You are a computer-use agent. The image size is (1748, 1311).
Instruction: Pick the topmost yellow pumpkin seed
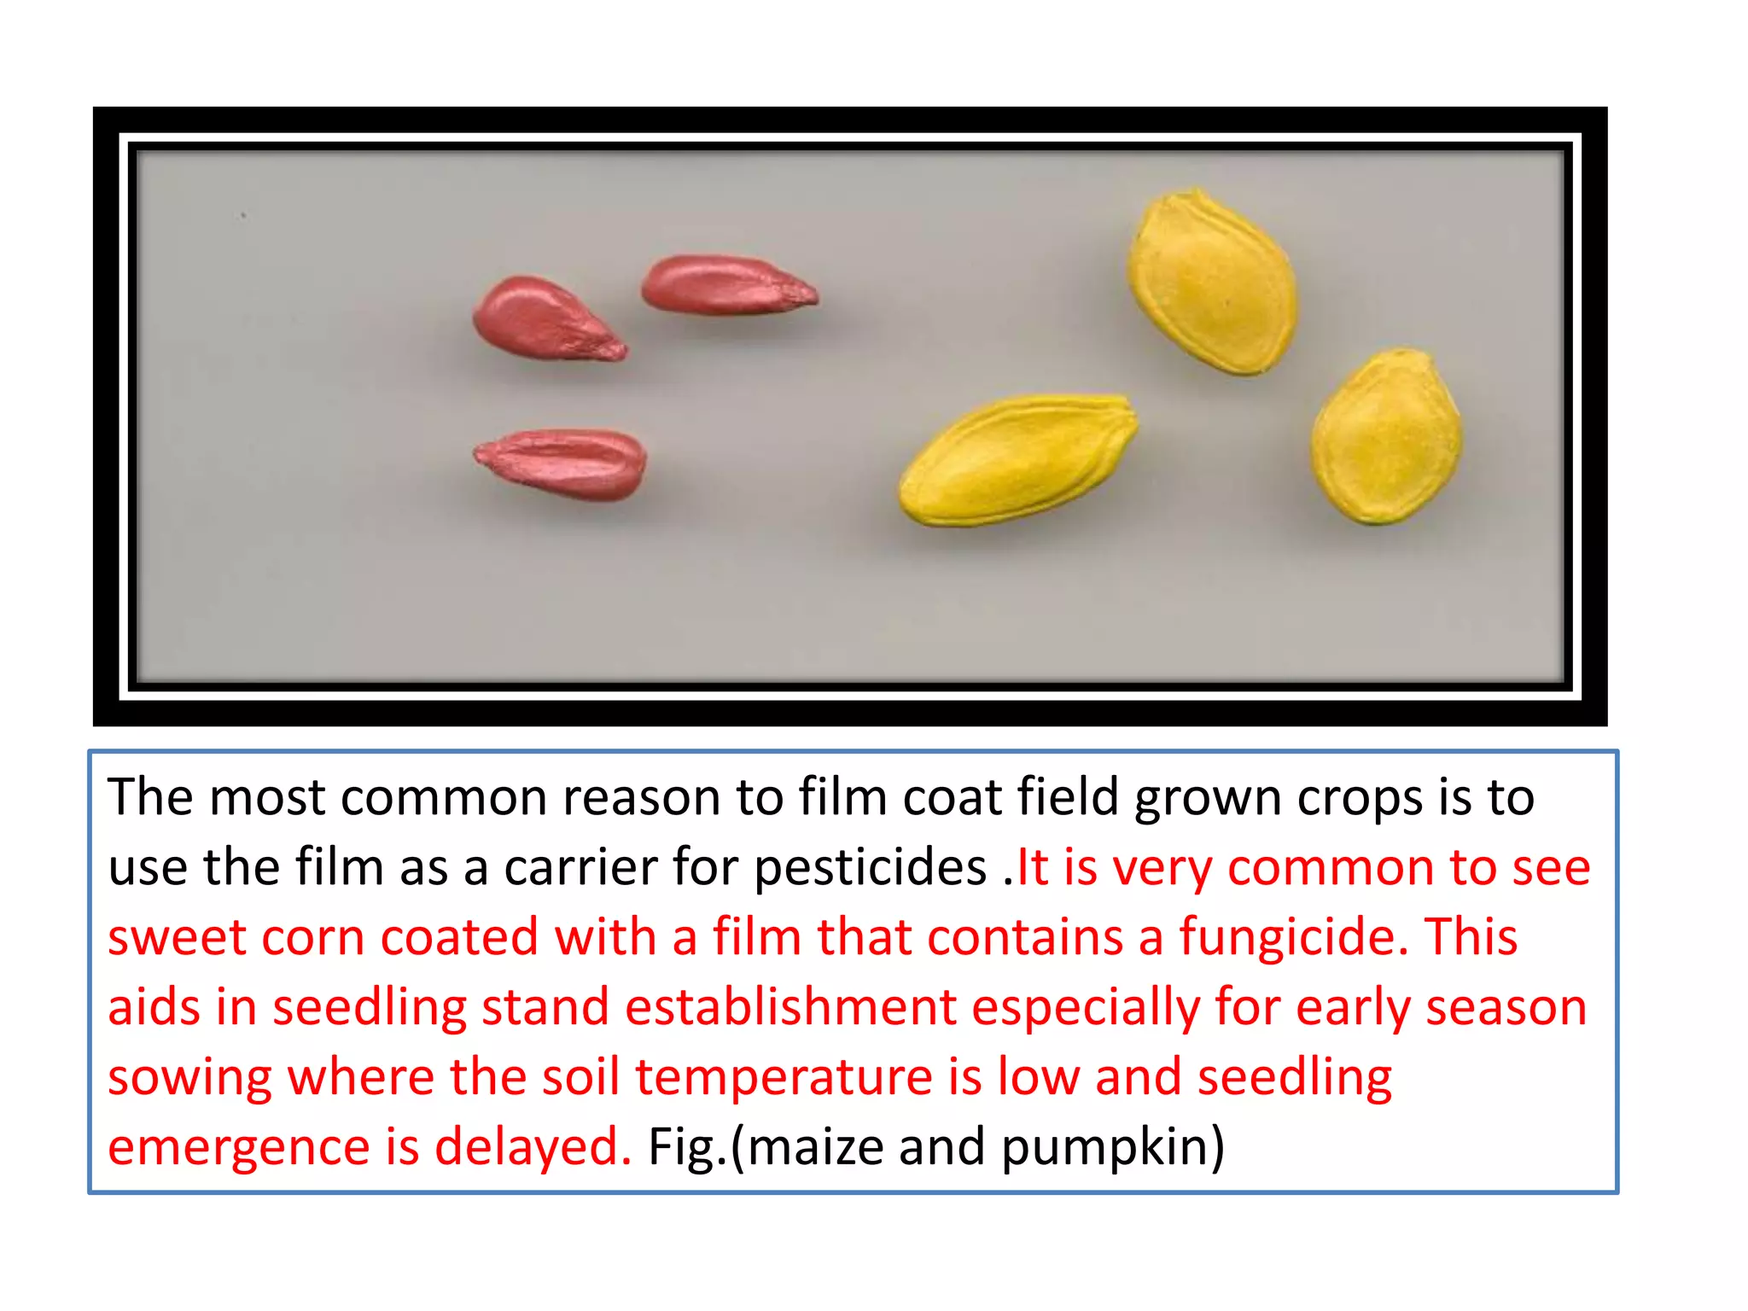(1212, 282)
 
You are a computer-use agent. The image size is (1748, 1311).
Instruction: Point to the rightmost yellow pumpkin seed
(1386, 436)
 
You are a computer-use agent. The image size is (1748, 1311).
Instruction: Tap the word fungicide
(1293, 937)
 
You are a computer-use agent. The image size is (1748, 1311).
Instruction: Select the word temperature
(784, 1077)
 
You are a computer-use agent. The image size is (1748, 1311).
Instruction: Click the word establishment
(790, 1007)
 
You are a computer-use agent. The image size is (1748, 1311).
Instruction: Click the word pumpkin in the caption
(1111, 1147)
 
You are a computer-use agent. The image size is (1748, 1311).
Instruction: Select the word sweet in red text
(177, 937)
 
